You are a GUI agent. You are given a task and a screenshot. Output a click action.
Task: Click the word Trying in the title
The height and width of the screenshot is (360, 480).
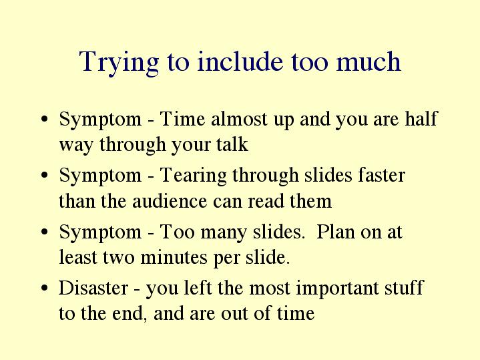pos(119,63)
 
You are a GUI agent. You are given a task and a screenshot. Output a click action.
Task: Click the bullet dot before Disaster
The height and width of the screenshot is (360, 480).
pos(44,288)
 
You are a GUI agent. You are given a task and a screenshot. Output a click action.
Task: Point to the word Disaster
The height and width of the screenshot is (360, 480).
pos(93,288)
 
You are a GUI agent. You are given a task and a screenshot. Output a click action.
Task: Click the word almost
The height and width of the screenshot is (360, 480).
pos(239,119)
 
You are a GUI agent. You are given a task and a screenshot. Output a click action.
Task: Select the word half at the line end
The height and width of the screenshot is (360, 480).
pos(421,118)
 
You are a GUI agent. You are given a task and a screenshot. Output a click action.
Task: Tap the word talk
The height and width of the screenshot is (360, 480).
pos(232,144)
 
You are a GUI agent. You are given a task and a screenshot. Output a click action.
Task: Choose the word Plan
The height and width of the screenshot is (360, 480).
pos(335,231)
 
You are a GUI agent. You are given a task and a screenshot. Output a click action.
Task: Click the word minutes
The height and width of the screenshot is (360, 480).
pos(174,257)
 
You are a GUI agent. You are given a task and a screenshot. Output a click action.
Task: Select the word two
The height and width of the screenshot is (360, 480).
pos(118,258)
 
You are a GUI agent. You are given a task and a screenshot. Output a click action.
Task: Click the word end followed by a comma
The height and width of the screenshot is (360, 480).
pos(128,313)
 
